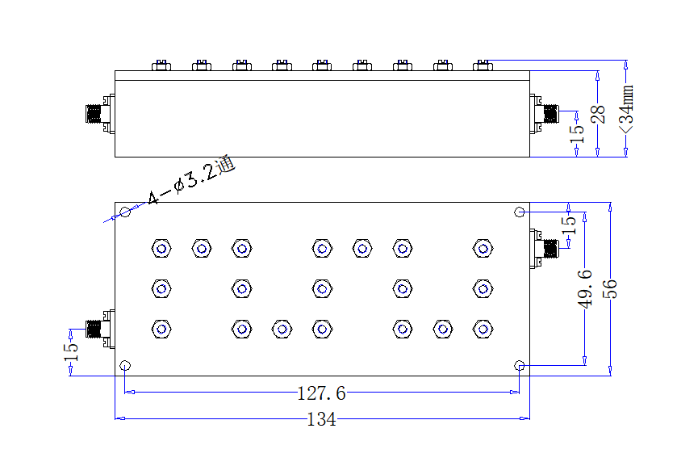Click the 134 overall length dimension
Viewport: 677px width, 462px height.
(321, 419)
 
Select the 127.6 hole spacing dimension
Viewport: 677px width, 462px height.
(322, 393)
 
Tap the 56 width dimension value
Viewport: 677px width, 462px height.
(610, 288)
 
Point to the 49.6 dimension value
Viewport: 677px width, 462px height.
(585, 288)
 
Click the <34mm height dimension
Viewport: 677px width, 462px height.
(626, 109)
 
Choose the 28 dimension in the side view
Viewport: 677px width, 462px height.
(598, 115)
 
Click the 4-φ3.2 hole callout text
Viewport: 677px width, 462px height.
(191, 181)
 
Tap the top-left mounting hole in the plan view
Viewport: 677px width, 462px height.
(125, 212)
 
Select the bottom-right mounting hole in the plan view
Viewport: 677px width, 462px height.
(520, 366)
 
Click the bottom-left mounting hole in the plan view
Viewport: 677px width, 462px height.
(125, 366)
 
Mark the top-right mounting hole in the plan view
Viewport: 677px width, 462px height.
(520, 212)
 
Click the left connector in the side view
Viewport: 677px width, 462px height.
(100, 114)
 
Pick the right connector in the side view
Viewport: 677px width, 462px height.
(545, 114)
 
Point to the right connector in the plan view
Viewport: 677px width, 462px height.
(545, 249)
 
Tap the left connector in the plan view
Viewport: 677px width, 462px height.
(100, 329)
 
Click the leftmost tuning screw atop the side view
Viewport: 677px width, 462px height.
(161, 65)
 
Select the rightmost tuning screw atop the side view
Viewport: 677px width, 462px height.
(483, 65)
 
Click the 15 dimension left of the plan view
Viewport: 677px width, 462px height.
(71, 352)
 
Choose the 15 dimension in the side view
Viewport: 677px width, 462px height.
(577, 134)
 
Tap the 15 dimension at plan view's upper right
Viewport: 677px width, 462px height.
(569, 225)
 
